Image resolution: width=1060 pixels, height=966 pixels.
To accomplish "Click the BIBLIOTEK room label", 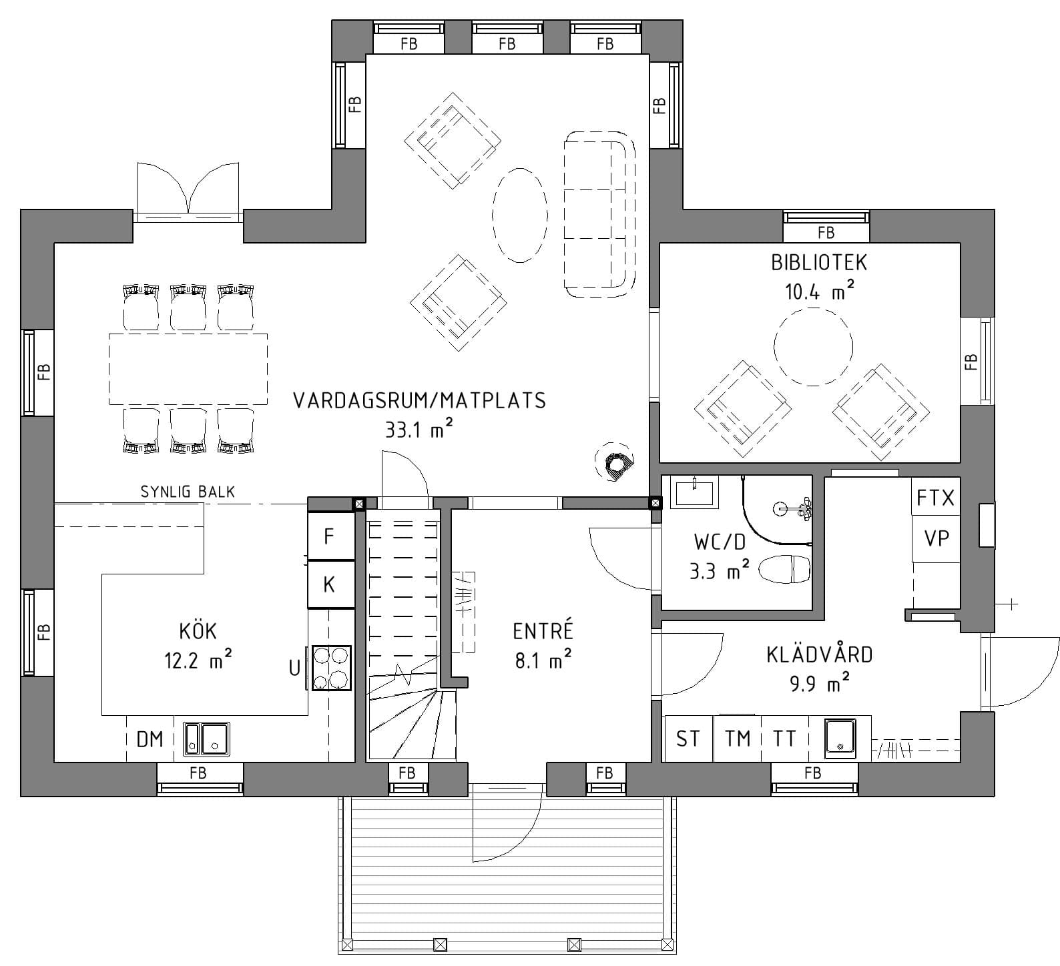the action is coord(819,262).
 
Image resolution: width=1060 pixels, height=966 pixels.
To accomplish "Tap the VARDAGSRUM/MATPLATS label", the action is coord(420,400).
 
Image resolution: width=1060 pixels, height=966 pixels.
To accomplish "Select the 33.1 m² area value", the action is coord(419,430).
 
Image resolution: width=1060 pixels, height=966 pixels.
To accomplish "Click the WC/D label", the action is coord(720,542).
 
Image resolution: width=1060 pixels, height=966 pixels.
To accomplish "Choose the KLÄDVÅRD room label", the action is coord(819,654).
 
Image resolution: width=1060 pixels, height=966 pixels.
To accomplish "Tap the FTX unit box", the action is coord(936,498).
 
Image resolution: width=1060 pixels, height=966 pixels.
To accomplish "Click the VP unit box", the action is coord(936,538).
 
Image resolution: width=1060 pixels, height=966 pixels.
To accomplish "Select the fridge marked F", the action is coord(330,536).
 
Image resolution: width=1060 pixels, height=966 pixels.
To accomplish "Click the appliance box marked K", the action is coord(330,584).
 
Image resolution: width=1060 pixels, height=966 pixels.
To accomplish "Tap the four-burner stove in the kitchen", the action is coord(330,668).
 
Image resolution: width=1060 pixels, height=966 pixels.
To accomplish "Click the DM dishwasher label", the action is coord(150,739).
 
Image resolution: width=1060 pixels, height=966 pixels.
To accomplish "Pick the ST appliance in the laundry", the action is coord(689,739).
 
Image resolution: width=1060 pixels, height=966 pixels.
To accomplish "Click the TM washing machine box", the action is coord(738,739).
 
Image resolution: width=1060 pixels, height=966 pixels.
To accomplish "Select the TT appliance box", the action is coord(785,739).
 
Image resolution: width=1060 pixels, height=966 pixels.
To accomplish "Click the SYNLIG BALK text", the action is coord(188,492).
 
